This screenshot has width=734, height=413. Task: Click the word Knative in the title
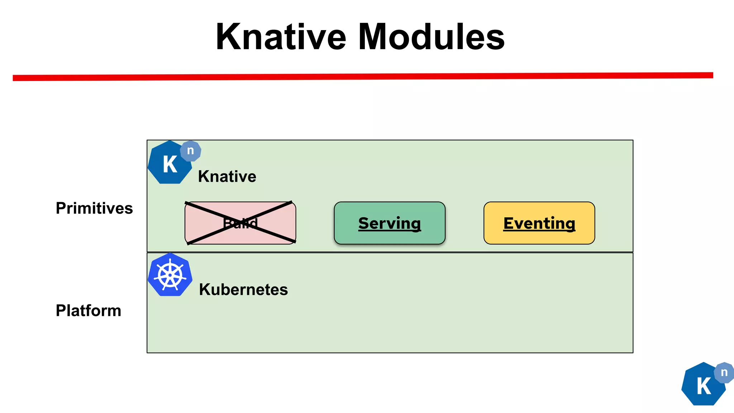tap(281, 37)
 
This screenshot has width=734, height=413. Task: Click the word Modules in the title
tap(432, 37)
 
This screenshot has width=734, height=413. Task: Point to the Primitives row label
tap(94, 208)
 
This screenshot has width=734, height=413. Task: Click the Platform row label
tap(89, 310)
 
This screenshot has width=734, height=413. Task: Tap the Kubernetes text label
tap(243, 289)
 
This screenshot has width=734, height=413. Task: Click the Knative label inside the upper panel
tap(227, 176)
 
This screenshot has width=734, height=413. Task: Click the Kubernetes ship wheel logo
tap(170, 275)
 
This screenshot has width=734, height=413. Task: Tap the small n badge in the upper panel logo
tap(191, 151)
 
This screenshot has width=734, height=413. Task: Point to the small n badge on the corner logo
tap(724, 372)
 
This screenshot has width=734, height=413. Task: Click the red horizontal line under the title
tap(363, 77)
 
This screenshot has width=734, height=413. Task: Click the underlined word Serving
tap(390, 223)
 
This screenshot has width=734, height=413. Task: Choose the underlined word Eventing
tap(539, 223)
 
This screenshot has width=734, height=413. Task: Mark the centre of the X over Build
tap(240, 223)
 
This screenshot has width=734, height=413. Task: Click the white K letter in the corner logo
tap(704, 386)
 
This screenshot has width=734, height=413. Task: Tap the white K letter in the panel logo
tap(170, 165)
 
